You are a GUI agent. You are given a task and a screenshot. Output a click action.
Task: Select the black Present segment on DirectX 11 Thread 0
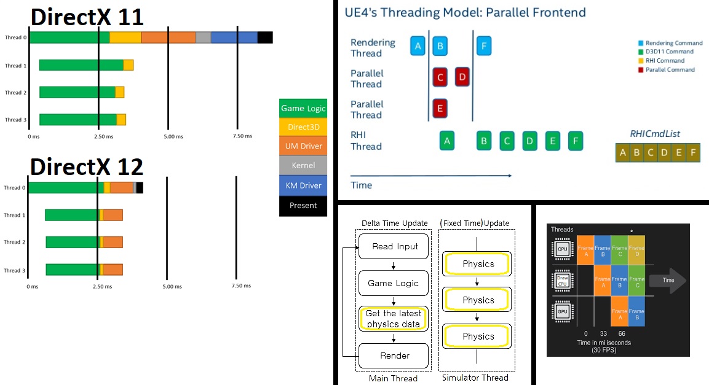point(265,37)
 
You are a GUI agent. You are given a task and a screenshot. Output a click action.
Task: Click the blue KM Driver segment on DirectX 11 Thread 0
point(234,37)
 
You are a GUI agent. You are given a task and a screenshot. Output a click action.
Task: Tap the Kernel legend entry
point(303,165)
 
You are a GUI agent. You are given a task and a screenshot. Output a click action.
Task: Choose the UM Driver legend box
point(303,147)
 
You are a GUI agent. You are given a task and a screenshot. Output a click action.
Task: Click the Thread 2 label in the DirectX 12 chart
point(14,242)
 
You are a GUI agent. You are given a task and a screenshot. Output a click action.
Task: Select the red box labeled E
point(440,108)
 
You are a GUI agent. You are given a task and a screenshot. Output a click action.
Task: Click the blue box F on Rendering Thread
point(484,46)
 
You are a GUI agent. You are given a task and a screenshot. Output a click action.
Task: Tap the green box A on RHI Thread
point(447,141)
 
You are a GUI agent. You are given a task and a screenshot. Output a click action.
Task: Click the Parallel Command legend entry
point(670,69)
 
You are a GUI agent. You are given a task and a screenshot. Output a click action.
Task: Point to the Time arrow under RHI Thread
point(430,176)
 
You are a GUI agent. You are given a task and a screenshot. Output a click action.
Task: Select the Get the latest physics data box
point(393,319)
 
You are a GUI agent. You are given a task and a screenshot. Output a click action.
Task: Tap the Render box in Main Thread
point(394,355)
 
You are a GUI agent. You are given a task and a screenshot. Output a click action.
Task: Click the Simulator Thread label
point(475,378)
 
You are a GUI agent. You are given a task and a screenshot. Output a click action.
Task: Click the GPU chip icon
point(562,312)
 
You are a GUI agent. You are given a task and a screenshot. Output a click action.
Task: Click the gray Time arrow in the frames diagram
point(667,280)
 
